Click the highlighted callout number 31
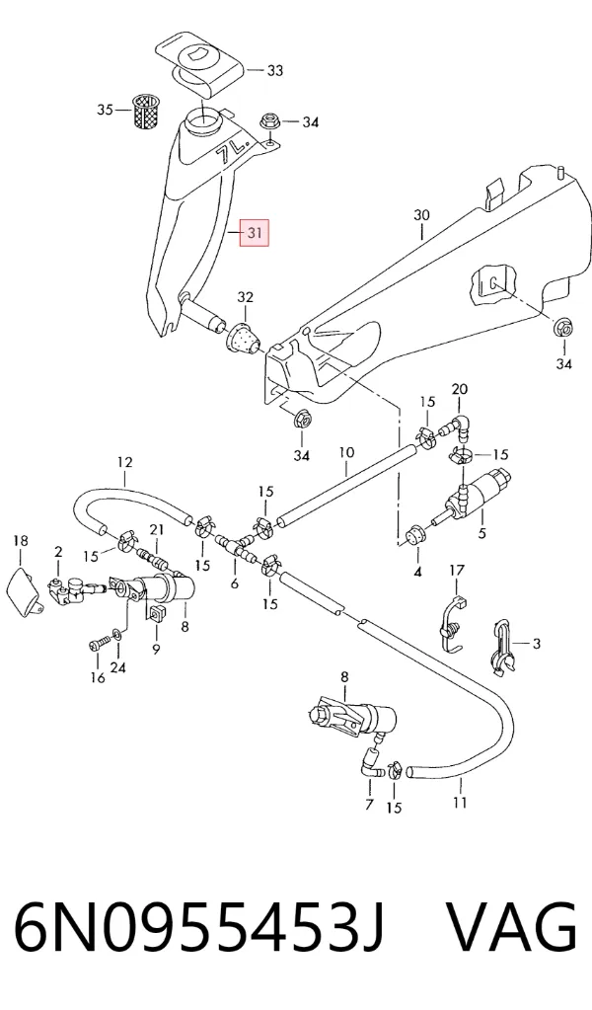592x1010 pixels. pyautogui.click(x=255, y=232)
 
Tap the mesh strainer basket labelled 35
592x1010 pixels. pyautogui.click(x=145, y=111)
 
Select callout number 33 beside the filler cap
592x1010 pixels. pyautogui.click(x=274, y=70)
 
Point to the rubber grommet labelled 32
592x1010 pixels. pyautogui.click(x=244, y=337)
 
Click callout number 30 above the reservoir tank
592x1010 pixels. pyautogui.click(x=421, y=215)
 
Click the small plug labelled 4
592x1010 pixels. pyautogui.click(x=415, y=536)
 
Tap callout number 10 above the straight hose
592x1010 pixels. pyautogui.click(x=346, y=452)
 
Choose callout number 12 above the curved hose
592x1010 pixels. pyautogui.click(x=125, y=462)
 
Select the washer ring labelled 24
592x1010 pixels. pyautogui.click(x=116, y=636)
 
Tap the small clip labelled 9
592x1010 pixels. pyautogui.click(x=156, y=614)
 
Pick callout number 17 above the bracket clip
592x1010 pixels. pyautogui.click(x=456, y=570)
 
